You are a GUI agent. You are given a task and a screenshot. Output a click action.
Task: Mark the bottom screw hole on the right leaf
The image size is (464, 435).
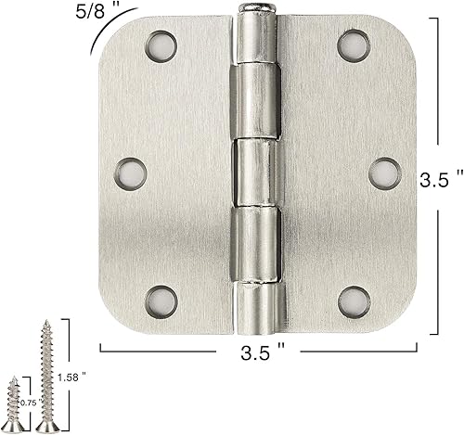[x=351, y=300]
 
